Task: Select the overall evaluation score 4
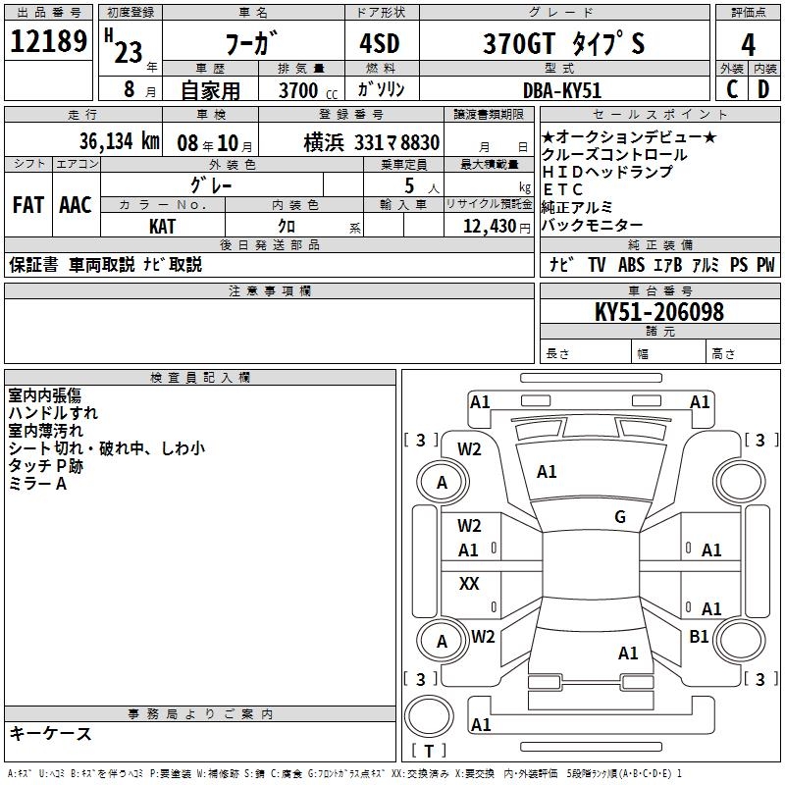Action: point(748,43)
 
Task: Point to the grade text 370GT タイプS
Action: point(563,44)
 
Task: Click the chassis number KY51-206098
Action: point(659,312)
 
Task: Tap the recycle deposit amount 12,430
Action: point(491,227)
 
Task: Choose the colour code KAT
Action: point(163,227)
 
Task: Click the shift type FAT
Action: point(28,205)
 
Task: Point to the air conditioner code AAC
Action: point(76,205)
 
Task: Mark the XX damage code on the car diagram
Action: point(469,584)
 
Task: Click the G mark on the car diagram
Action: point(620,517)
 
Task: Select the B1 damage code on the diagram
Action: point(699,637)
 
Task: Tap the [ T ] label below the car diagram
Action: point(429,752)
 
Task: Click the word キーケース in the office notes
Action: point(50,733)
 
